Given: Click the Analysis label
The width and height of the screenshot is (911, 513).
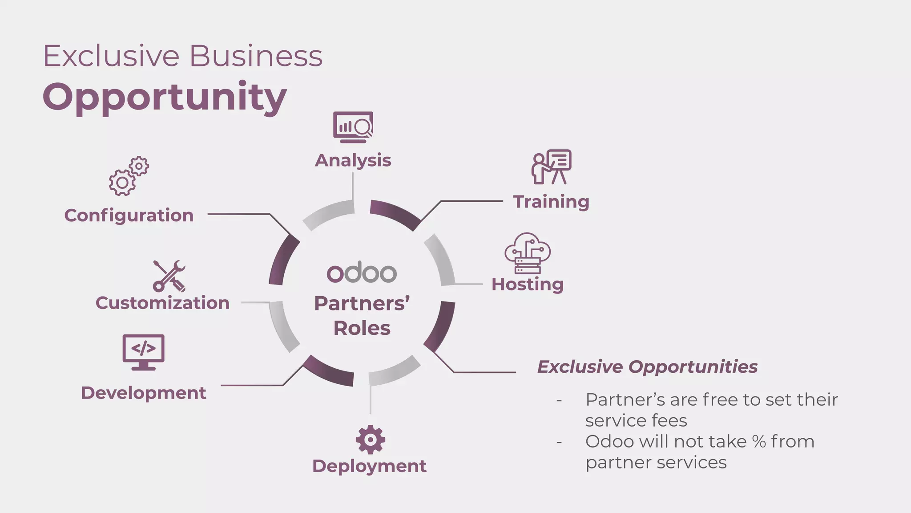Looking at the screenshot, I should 353,160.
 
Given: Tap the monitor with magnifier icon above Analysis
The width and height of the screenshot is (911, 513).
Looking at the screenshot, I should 353,127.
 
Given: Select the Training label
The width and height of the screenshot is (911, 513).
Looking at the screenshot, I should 551,202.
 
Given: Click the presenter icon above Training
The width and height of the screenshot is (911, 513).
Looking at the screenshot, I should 551,167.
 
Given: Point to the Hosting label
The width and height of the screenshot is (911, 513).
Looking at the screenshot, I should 528,285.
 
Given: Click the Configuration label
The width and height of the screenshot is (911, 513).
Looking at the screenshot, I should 129,216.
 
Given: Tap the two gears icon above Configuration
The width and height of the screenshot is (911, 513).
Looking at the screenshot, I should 129,176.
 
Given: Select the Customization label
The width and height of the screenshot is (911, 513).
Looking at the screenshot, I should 162,303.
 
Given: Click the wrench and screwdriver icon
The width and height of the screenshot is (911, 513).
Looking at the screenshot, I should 169,276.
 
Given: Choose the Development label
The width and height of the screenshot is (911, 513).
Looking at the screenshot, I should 143,393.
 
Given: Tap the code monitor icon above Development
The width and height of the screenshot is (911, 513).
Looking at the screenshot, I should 143,352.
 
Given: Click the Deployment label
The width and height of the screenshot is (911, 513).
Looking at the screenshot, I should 369,466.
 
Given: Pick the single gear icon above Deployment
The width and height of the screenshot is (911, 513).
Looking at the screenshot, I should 370,440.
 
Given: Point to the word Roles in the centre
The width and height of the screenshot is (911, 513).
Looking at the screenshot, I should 362,329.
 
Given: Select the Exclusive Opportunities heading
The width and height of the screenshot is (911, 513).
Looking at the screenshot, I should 647,367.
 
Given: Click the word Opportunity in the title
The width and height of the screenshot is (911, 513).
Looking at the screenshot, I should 165,97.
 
